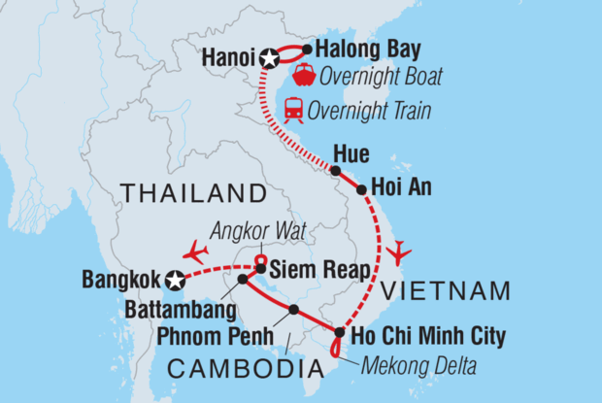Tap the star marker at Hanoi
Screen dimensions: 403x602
tap(269, 60)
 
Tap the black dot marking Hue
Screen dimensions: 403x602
tap(335, 171)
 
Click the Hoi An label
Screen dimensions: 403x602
tap(395, 189)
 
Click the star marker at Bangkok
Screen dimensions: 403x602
tap(175, 281)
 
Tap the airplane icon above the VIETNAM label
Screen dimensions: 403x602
tap(398, 254)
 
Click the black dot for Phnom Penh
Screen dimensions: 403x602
tap(293, 310)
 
